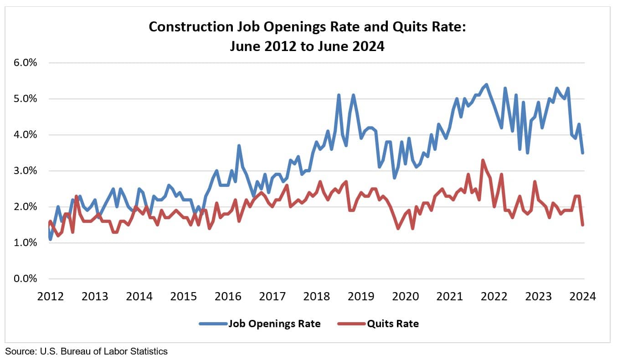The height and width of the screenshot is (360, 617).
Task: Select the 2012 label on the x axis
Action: [x=50, y=297]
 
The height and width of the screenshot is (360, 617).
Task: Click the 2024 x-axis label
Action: [x=583, y=297]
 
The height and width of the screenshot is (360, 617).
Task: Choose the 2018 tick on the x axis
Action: [x=316, y=297]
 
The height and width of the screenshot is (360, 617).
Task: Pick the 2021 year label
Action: [x=450, y=297]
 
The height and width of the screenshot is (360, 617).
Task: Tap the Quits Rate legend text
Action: [x=393, y=324]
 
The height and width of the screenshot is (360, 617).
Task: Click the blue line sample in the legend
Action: [x=213, y=324]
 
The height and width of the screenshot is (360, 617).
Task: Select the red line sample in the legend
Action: [x=351, y=324]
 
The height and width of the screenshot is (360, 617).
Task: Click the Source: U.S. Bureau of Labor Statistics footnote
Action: [x=87, y=351]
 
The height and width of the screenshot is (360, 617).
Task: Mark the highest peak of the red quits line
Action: [x=483, y=160]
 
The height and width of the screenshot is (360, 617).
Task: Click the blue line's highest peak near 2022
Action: [x=486, y=84]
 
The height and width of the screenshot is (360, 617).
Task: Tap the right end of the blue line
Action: [x=583, y=153]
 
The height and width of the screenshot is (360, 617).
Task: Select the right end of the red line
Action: [x=583, y=225]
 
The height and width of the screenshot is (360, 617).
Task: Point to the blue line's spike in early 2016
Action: [x=239, y=146]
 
